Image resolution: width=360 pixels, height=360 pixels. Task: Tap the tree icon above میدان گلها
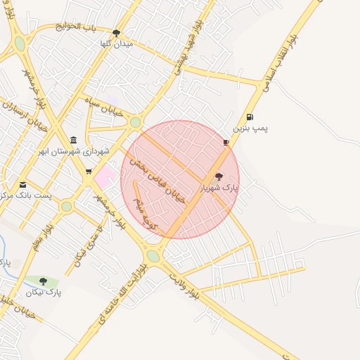tap(116, 32)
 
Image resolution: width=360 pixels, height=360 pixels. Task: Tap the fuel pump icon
tap(250, 117)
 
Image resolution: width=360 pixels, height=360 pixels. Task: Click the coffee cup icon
tap(226, 142)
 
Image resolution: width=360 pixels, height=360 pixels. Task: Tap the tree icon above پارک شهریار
tap(219, 176)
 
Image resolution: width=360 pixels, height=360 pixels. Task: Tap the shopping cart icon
tap(89, 171)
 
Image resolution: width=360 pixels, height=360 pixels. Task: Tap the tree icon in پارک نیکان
tap(43, 281)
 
